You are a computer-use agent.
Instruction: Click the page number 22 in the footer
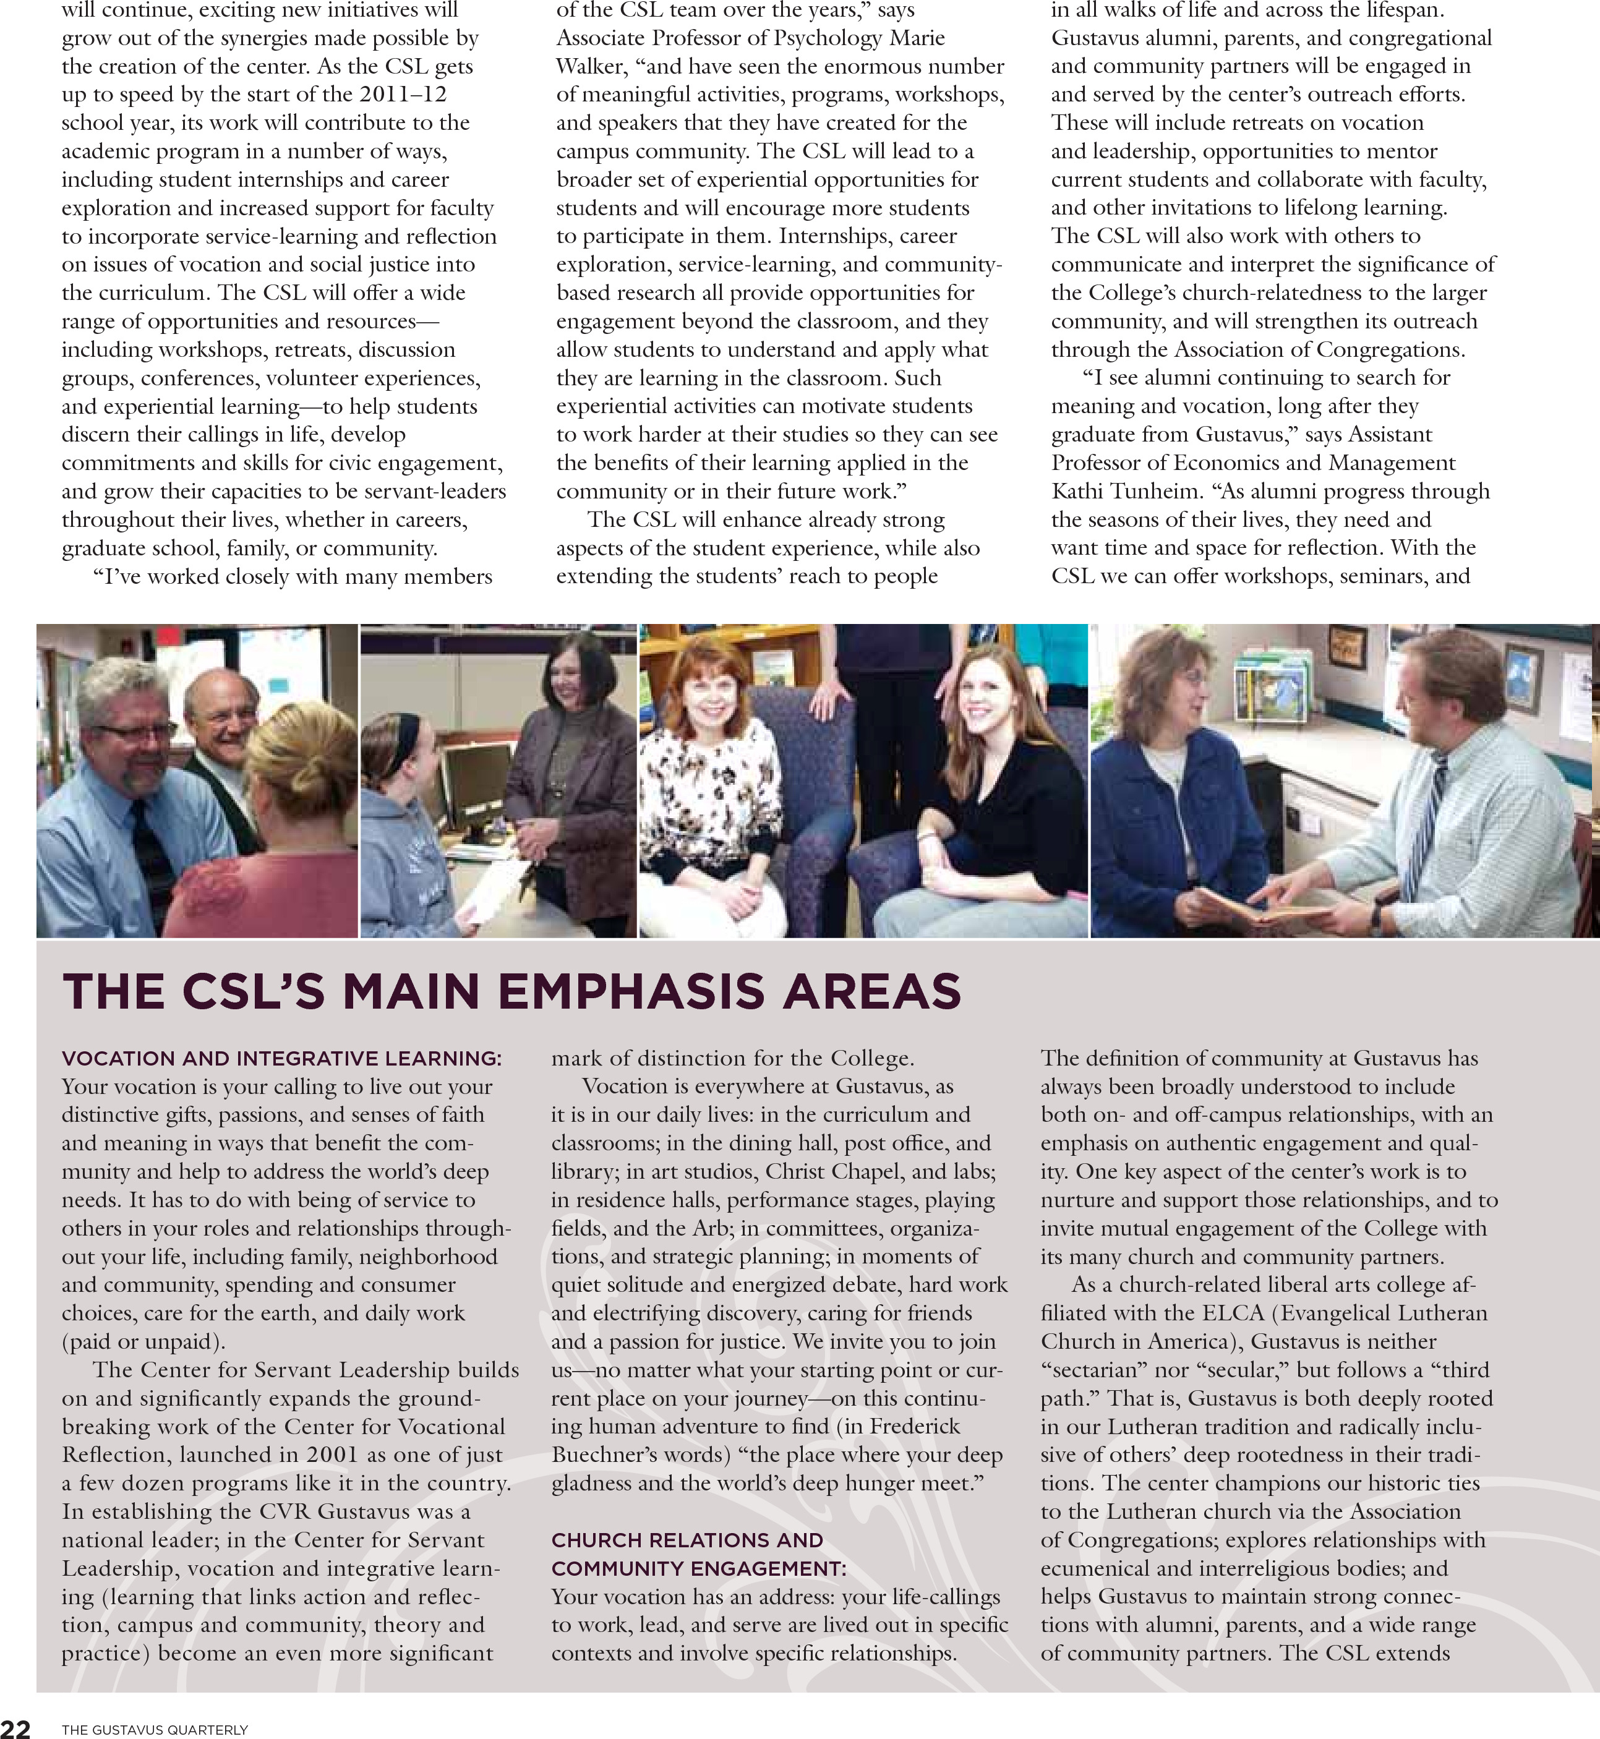pos(15,1728)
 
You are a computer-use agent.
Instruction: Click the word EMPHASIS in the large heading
pos(631,991)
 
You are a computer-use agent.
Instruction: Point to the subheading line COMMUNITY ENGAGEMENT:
pos(698,1568)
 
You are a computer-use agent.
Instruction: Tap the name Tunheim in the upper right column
pos(1156,491)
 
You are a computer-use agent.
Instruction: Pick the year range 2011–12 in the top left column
pos(403,95)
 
